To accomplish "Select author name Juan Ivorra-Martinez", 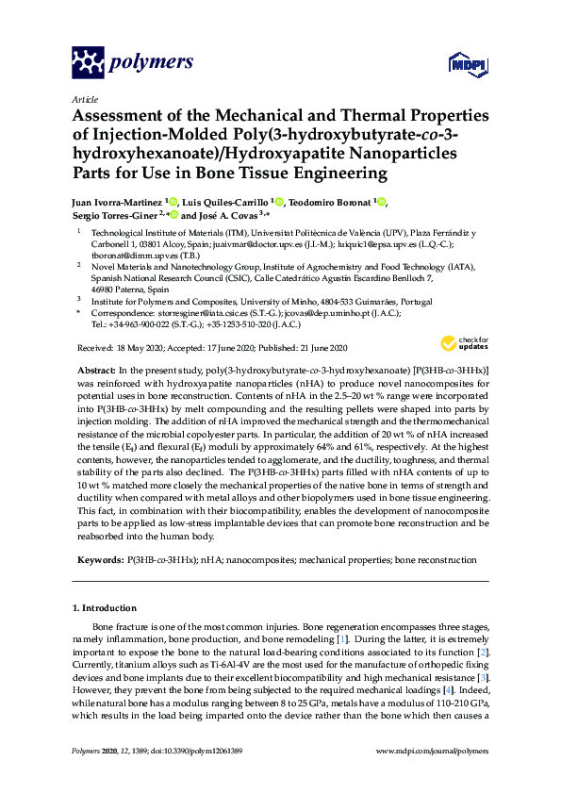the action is pos(117,201).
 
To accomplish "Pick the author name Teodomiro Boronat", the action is pos(330,201).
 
